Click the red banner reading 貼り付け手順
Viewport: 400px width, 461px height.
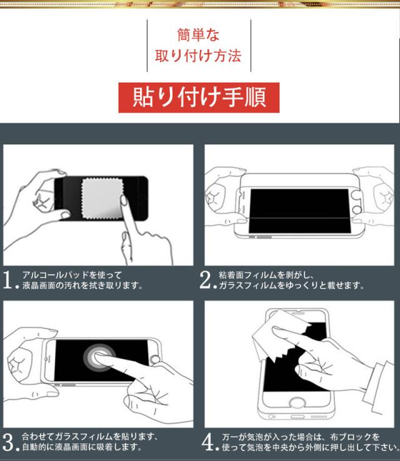tap(199, 98)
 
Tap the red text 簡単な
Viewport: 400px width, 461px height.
tap(198, 35)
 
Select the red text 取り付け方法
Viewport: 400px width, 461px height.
tap(198, 56)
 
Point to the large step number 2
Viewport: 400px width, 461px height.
tap(205, 280)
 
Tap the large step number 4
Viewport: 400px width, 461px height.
tap(208, 442)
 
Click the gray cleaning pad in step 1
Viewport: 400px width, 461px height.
tap(102, 198)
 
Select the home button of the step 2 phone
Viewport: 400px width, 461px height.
tap(357, 210)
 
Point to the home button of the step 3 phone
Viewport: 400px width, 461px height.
tap(155, 359)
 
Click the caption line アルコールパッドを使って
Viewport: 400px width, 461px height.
tap(72, 275)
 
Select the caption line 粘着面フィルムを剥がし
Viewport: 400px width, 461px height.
tap(266, 275)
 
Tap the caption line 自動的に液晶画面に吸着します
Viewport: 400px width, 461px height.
tap(82, 447)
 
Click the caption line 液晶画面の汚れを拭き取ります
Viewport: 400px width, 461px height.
tap(82, 285)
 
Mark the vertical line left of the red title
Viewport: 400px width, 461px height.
tap(147, 46)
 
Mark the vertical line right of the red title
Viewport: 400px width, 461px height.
tap(251, 46)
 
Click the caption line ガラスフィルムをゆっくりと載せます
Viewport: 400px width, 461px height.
tap(291, 285)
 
